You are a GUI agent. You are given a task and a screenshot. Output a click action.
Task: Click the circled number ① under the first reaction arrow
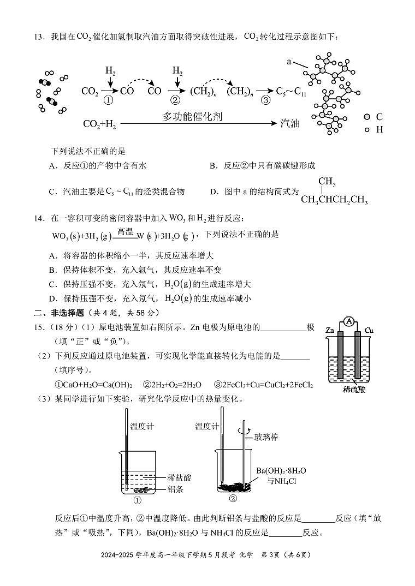click(x=108, y=100)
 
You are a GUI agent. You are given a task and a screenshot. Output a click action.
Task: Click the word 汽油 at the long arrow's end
click(x=290, y=124)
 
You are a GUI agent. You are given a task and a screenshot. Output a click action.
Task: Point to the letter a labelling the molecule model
click(x=289, y=62)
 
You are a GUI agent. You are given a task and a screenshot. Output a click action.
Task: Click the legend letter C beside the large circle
click(x=380, y=117)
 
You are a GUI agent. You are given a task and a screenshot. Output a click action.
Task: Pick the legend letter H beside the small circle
click(x=380, y=130)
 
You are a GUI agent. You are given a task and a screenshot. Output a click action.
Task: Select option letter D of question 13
click(x=213, y=192)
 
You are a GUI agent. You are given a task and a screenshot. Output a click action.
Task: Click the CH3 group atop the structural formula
click(x=327, y=182)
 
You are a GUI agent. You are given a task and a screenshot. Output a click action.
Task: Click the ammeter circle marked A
click(x=348, y=322)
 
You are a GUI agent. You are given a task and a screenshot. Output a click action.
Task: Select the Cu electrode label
click(x=369, y=331)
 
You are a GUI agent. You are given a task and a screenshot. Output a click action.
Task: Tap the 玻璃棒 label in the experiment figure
click(x=266, y=437)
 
